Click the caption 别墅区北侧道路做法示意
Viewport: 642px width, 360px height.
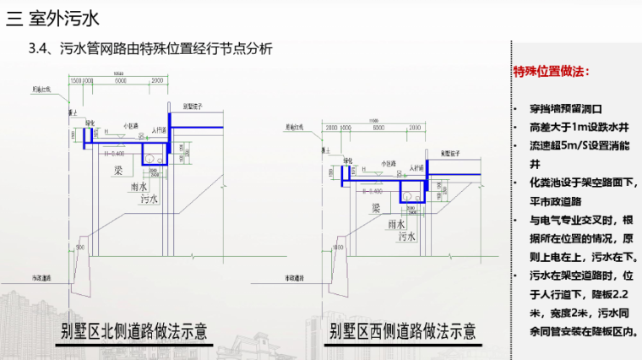[134, 330]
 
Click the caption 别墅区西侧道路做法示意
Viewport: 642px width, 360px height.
[403, 330]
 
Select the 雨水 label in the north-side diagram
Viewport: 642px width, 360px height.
[140, 187]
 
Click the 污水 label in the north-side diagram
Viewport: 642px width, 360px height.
[150, 200]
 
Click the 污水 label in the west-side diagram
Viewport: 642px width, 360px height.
[406, 237]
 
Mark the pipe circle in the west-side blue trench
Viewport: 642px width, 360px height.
[409, 195]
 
